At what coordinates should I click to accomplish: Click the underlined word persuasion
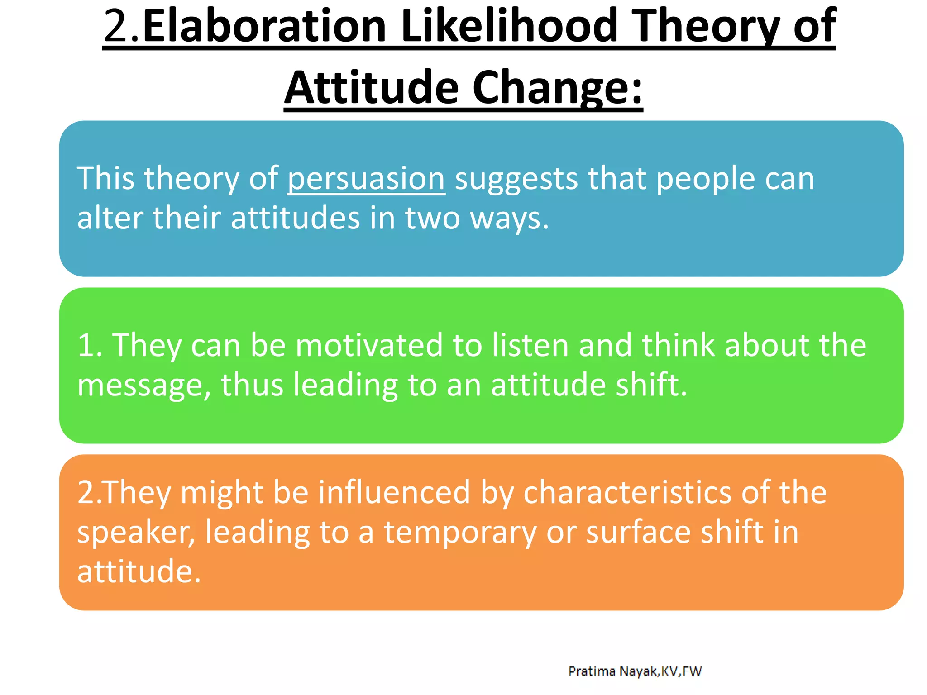pos(366,178)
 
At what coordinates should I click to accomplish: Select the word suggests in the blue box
pos(516,178)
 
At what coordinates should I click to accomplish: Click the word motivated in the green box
pos(369,345)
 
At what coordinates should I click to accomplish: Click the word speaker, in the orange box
pos(136,532)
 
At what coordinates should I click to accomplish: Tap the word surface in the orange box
pos(638,532)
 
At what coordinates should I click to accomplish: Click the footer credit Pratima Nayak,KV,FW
pos(635,671)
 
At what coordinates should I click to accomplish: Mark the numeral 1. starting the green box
pos(90,345)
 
